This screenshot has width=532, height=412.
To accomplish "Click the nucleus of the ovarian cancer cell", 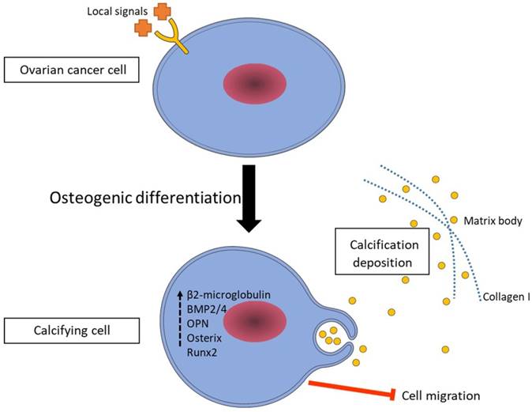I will [254, 83].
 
